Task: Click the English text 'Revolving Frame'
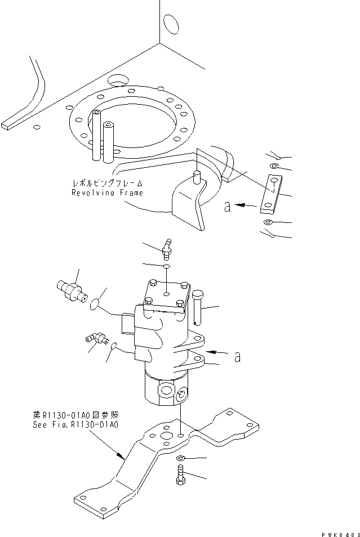click(x=106, y=193)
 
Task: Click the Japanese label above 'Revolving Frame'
click(x=106, y=184)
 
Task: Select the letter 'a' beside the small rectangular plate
click(x=227, y=208)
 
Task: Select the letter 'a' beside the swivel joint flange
click(x=237, y=356)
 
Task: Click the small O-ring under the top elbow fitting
click(x=167, y=265)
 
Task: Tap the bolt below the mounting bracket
click(x=180, y=473)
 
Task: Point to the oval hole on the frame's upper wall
click(x=168, y=24)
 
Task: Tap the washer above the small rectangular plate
click(x=274, y=167)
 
